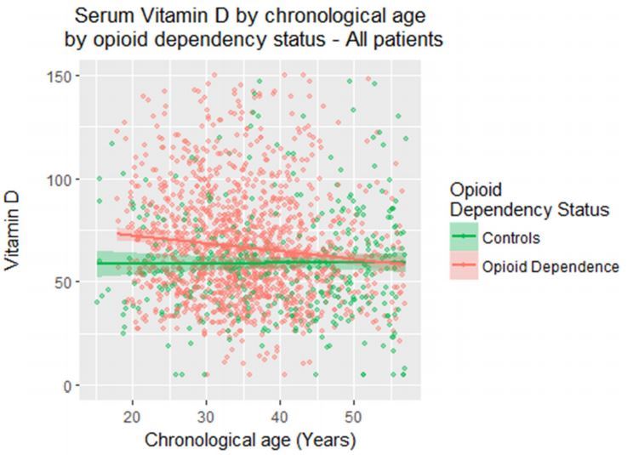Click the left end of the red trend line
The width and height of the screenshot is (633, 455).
pos(118,233)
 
